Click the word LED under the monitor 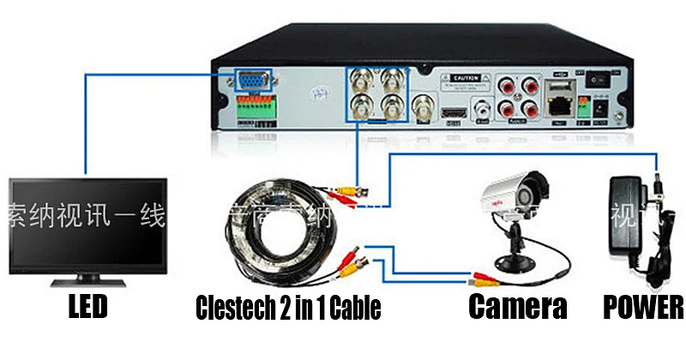[87, 307]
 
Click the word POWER [642, 307]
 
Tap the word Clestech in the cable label [236, 307]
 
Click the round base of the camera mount [511, 259]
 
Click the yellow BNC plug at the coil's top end [347, 188]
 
